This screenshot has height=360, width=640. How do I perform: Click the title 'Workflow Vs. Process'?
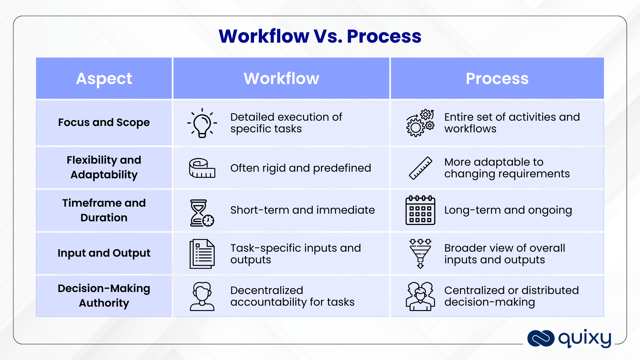point(320,36)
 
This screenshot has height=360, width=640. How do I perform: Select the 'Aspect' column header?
point(104,79)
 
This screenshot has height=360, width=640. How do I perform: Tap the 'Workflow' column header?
point(281,79)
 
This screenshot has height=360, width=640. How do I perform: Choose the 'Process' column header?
point(497,79)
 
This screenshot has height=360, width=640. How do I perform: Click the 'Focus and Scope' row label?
point(104,122)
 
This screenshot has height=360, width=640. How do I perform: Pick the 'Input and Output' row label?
point(104,253)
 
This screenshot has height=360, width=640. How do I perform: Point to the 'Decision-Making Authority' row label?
point(104,295)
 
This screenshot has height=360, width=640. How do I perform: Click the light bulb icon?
point(202,123)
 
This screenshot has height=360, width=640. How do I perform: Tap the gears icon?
point(420,123)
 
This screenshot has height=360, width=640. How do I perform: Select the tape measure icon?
point(202,168)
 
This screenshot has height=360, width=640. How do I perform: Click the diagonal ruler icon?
point(420,168)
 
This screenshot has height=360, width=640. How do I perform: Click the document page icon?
point(202,254)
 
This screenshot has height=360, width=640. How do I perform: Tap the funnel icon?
point(420,254)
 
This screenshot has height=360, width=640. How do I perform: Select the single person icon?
point(202,296)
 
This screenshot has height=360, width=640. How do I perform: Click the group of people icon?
point(420,296)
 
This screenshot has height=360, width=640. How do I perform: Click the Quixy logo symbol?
point(541,338)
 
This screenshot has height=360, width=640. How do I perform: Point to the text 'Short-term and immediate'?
point(302,210)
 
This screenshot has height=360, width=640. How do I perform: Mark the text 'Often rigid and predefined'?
point(300,168)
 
